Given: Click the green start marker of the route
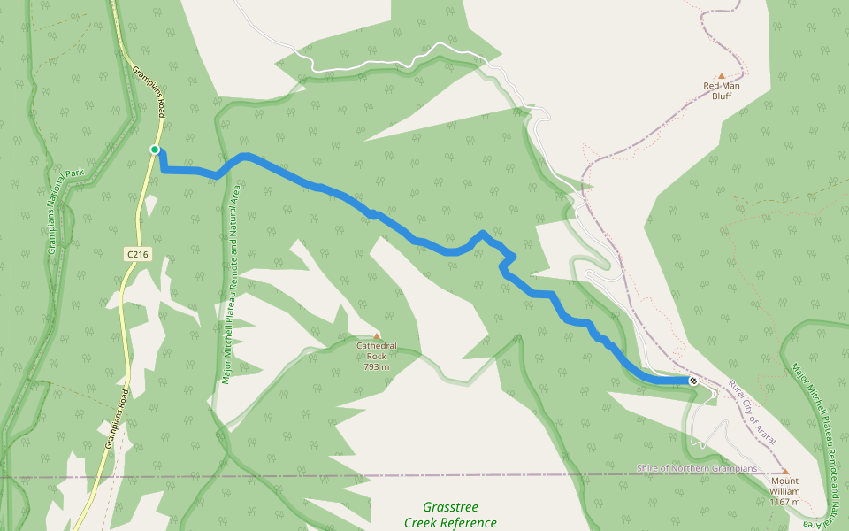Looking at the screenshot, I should pyautogui.click(x=155, y=150).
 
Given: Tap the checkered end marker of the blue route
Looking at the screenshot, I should pyautogui.click(x=693, y=381).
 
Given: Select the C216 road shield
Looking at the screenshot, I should pyautogui.click(x=136, y=254).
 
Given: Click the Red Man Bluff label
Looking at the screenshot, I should pyautogui.click(x=722, y=90).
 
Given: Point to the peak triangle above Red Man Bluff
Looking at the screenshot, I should pyautogui.click(x=722, y=76).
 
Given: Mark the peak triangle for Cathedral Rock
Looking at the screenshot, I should pyautogui.click(x=377, y=336).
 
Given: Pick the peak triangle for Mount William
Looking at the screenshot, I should pyautogui.click(x=784, y=471).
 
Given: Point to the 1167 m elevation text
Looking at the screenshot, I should pyautogui.click(x=784, y=502).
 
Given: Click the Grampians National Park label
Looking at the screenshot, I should pyautogui.click(x=59, y=212).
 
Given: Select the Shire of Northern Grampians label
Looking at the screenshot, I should pyautogui.click(x=697, y=467).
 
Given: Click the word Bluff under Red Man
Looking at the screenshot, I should pyautogui.click(x=722, y=96).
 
